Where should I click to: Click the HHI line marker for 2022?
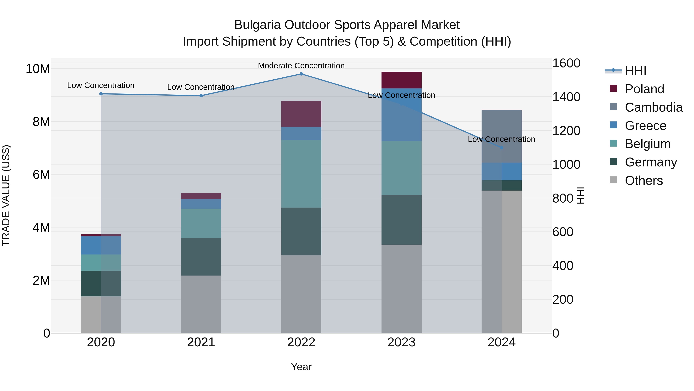point(301,74)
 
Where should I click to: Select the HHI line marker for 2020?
point(101,94)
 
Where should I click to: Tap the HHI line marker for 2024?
point(501,148)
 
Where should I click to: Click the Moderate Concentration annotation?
point(301,66)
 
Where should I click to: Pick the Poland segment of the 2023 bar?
point(401,80)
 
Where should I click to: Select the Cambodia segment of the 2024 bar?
point(501,136)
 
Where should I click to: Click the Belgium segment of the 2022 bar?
point(301,174)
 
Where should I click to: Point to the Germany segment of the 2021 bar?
point(201,257)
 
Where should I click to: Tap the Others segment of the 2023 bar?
point(401,289)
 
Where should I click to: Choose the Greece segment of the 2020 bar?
point(101,245)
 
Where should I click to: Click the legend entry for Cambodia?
point(654,107)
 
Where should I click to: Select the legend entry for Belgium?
point(648,144)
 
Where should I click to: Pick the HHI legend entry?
point(635,71)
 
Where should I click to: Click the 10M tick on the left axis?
point(38,69)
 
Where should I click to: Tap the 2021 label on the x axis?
point(201,342)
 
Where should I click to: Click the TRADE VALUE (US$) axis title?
point(6,195)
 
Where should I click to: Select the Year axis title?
point(301,367)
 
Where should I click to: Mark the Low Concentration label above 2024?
point(501,139)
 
